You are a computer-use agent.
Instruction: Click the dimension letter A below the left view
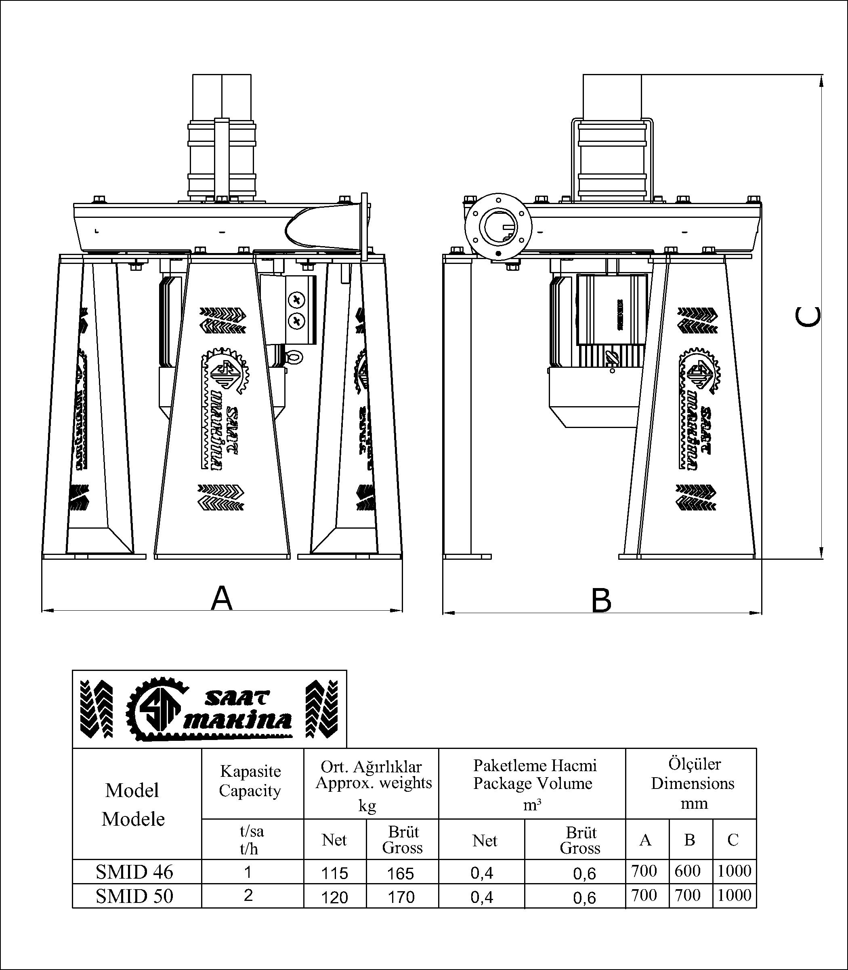(x=221, y=598)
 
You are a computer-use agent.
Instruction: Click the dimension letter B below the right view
(x=601, y=601)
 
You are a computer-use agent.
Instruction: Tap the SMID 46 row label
(x=134, y=872)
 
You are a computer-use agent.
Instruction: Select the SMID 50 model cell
(x=134, y=896)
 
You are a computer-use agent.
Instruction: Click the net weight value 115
(x=335, y=873)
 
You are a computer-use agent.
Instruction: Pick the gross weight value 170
(x=401, y=897)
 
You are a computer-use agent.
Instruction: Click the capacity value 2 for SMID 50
(x=248, y=895)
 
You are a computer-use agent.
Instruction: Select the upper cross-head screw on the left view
(x=297, y=300)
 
